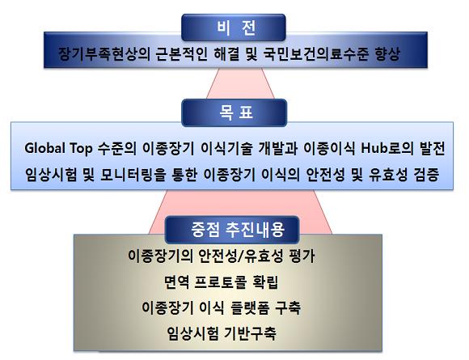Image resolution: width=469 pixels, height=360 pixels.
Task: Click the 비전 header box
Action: [x=234, y=28]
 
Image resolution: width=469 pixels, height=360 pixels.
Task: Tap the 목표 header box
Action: [x=234, y=112]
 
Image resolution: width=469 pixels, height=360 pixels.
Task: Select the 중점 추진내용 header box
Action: [x=232, y=230]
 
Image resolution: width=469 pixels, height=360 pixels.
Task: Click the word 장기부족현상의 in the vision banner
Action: [x=104, y=54]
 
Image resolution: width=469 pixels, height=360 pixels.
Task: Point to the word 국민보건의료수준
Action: [x=316, y=54]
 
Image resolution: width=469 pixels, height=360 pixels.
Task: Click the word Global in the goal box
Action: [x=44, y=148]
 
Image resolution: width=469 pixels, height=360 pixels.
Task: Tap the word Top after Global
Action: [x=81, y=148]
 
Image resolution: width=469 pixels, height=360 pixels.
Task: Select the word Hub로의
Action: [x=387, y=148]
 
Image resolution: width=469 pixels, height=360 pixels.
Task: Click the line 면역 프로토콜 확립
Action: [x=222, y=282]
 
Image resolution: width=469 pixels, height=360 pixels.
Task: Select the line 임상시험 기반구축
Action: [x=222, y=333]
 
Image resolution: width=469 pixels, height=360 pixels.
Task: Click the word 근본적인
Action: [x=182, y=54]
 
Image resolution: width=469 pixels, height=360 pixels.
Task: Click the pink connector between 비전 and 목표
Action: [x=240, y=83]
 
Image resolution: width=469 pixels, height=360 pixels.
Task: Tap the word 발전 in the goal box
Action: [x=433, y=148]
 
